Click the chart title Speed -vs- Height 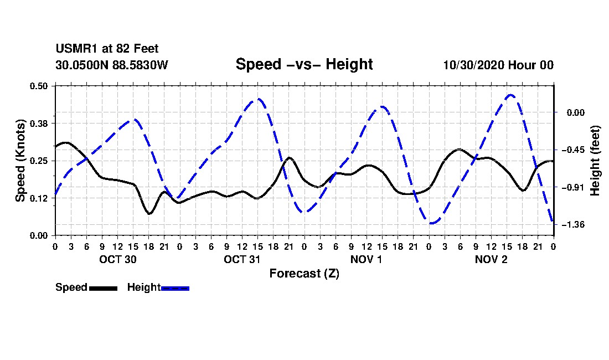pos(304,64)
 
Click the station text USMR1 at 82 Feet pos(107,49)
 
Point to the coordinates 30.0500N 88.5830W pos(112,65)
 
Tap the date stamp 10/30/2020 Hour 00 pos(498,65)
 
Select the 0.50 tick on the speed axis pos(38,86)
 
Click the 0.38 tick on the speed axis pos(38,124)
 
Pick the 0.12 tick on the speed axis pos(38,198)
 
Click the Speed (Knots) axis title pos(20,161)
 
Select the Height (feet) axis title pos(595,161)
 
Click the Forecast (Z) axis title pos(304,274)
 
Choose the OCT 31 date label pos(242,259)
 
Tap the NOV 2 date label pos(491,259)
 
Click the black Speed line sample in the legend pos(104,288)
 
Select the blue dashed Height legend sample pos(175,288)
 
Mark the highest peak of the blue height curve pos(511,94)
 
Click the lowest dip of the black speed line pos(149,214)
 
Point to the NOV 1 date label pos(367,259)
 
